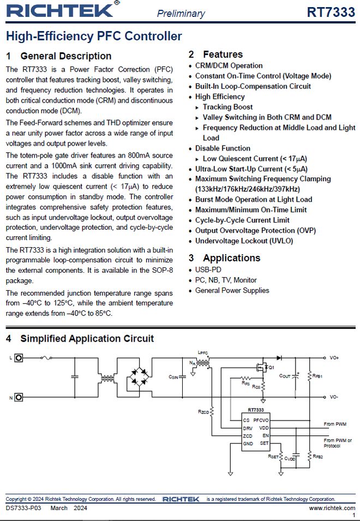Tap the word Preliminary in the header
coord(181,14)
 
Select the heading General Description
coord(65,56)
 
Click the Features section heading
coord(223,54)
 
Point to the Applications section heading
coord(231,258)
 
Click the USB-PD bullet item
coord(208,270)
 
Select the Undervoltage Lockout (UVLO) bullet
coord(244,241)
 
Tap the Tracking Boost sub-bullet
coord(227,107)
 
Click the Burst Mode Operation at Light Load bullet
coord(254,200)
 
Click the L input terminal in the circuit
coord(19,358)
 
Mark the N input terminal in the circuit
coord(19,397)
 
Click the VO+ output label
coord(334,358)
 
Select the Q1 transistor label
coord(270,368)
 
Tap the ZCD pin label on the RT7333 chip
coord(248,436)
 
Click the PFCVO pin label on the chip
coord(261,421)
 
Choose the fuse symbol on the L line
coord(49,358)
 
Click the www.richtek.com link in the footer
coord(332,508)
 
